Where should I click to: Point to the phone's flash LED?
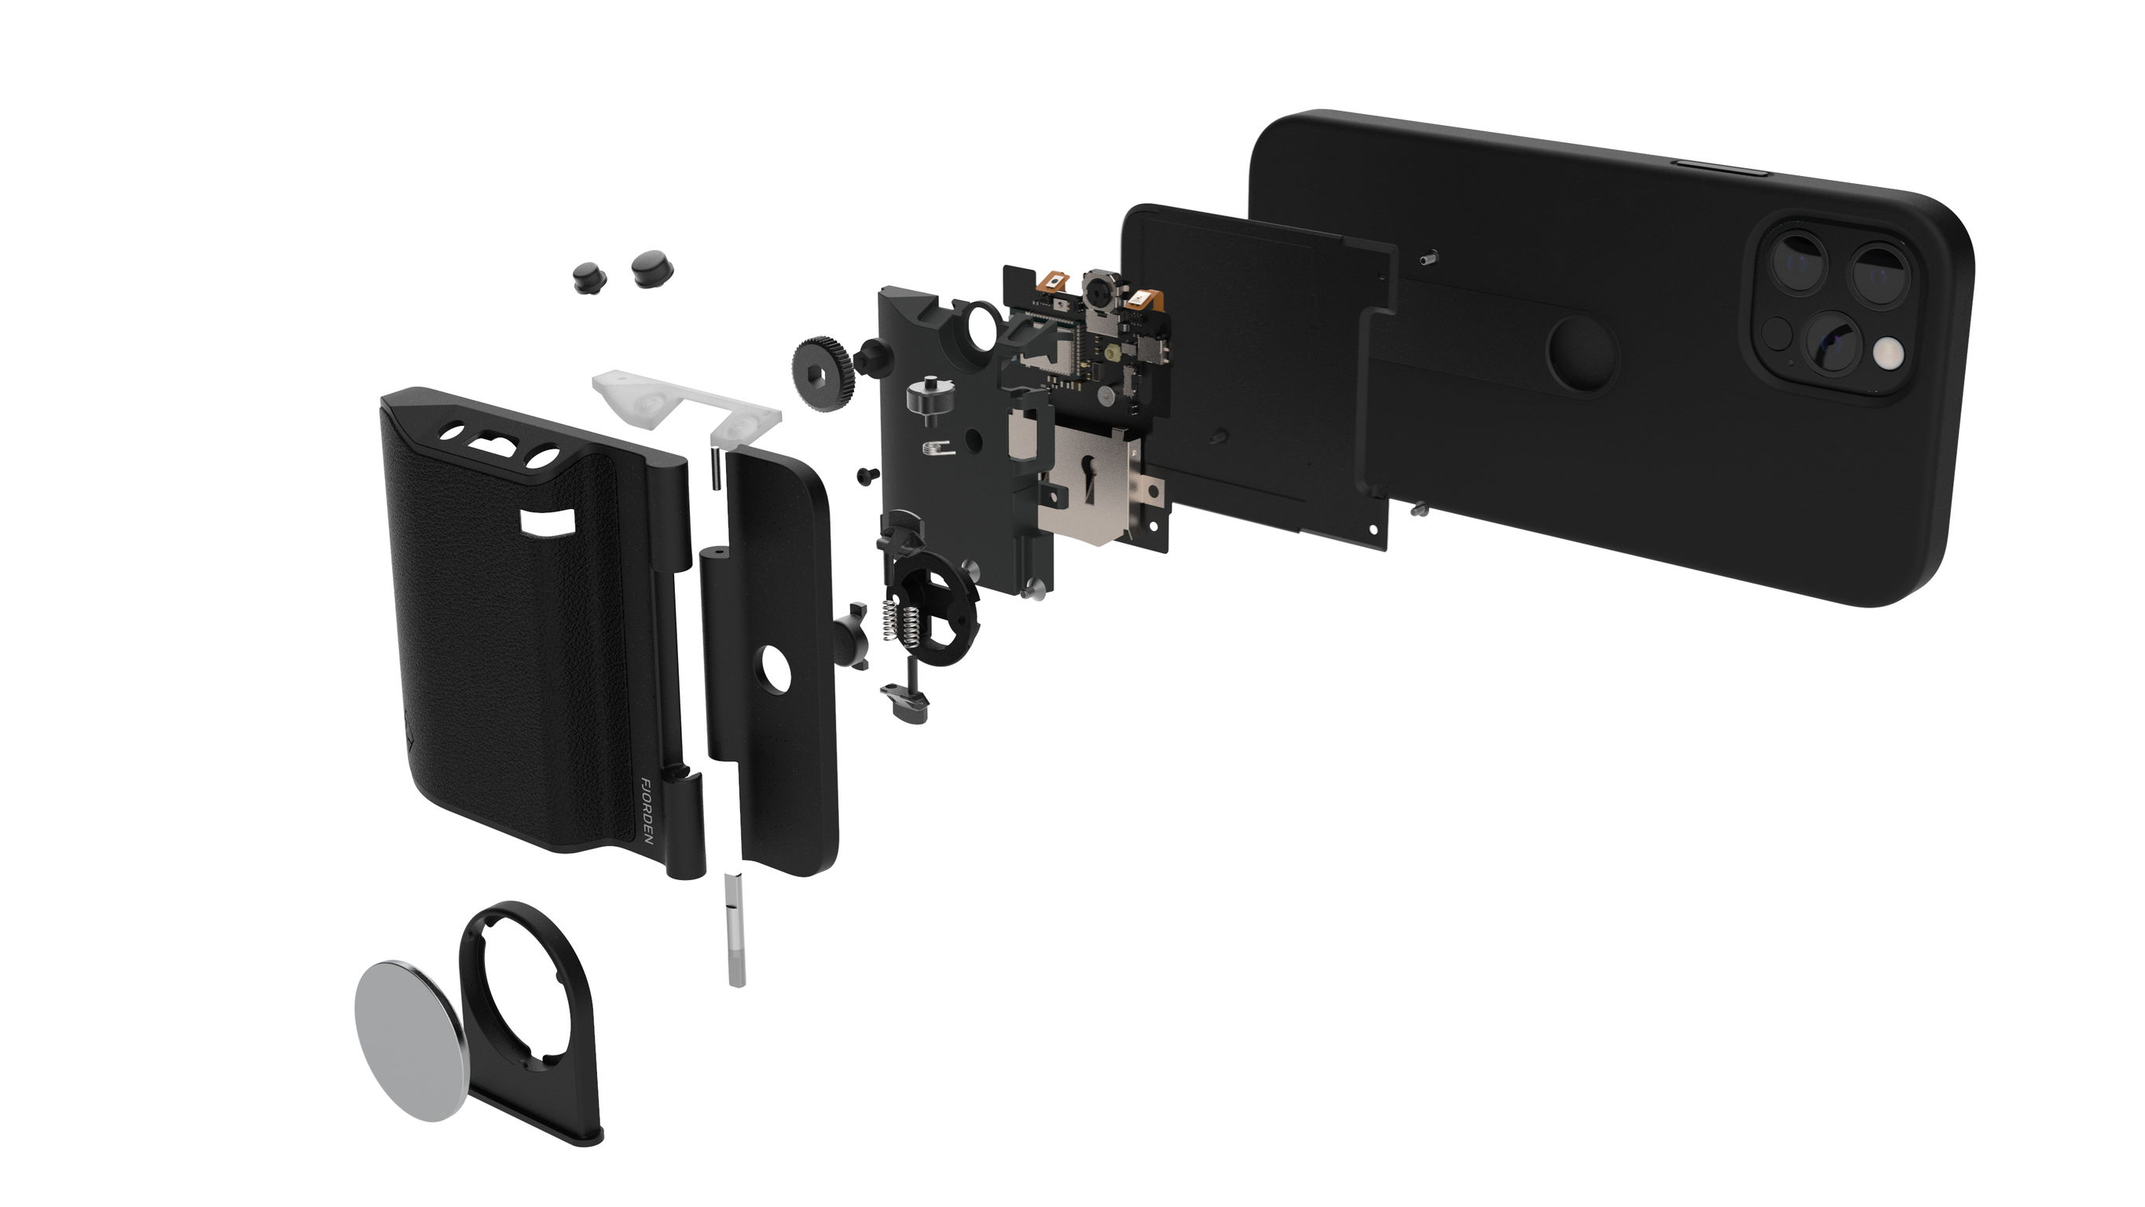tap(1889, 355)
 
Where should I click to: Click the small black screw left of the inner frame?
tap(867, 475)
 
